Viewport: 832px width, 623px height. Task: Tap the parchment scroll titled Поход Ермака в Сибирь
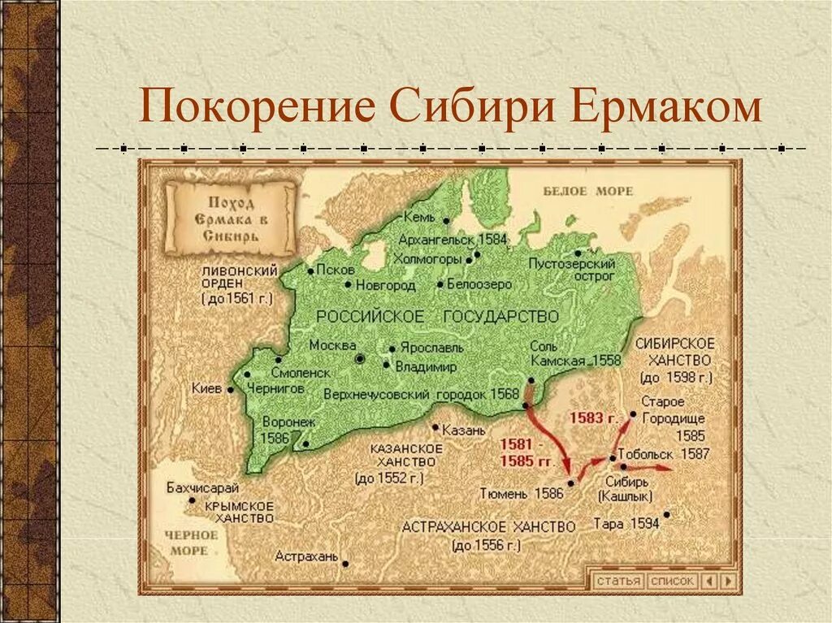click(x=230, y=217)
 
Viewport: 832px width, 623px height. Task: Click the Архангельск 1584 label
click(x=452, y=240)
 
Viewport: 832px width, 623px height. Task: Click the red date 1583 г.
click(x=592, y=417)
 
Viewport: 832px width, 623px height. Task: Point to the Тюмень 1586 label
click(x=521, y=493)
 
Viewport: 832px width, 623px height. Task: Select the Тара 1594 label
click(x=626, y=524)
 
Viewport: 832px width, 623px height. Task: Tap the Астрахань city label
click(x=305, y=556)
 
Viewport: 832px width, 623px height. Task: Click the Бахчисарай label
click(x=201, y=487)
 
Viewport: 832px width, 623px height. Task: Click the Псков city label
click(x=336, y=269)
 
